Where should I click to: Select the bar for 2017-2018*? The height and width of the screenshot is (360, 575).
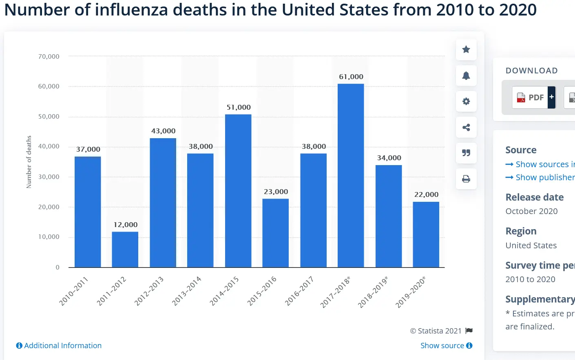point(351,175)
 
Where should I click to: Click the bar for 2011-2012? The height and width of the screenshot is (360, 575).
point(125,250)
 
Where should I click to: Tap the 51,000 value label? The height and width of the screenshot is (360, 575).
point(239,107)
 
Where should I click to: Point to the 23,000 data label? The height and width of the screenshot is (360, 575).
point(276,192)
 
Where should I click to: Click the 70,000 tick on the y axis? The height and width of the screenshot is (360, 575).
point(49,56)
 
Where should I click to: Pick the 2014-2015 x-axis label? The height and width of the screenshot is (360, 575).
point(224,291)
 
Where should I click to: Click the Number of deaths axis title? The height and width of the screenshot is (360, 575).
point(29,162)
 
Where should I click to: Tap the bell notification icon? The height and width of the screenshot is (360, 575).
point(466,75)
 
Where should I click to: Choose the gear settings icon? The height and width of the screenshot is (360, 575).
point(466,102)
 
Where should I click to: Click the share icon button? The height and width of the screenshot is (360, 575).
point(466,127)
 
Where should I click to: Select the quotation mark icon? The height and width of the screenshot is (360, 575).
point(466,153)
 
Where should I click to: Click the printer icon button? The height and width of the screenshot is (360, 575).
point(466,179)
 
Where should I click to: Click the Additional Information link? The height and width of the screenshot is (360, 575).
point(59,346)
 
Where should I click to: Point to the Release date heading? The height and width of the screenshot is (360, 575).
point(534,197)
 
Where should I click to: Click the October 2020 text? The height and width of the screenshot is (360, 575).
point(531,211)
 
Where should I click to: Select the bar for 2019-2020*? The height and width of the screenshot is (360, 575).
point(426,234)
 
